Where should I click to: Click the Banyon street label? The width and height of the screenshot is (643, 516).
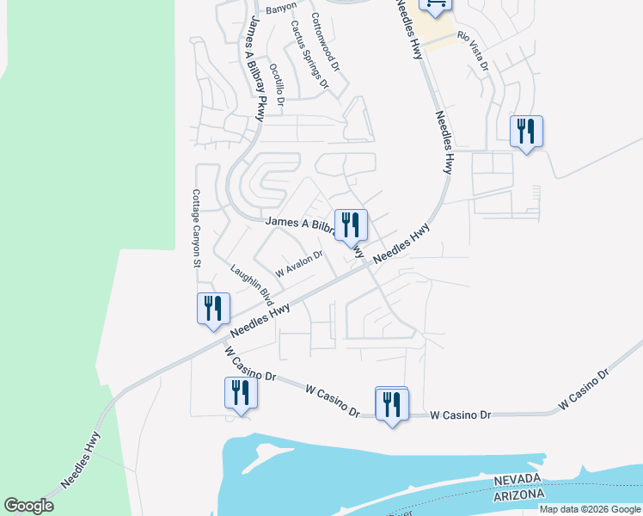click(280, 9)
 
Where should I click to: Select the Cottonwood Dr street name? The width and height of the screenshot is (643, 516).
click(327, 41)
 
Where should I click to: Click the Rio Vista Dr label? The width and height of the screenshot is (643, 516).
click(473, 52)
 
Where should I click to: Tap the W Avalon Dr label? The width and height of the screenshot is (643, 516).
click(298, 261)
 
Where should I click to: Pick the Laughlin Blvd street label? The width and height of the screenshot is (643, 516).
click(251, 286)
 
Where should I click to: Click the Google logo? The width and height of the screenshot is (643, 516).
click(28, 506)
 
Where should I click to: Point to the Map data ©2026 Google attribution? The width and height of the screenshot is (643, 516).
click(590, 509)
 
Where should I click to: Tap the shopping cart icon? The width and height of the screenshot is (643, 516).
click(435, 4)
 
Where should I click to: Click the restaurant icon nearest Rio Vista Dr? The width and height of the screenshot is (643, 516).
click(526, 132)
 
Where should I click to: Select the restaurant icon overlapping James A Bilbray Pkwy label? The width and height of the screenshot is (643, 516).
click(351, 225)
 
